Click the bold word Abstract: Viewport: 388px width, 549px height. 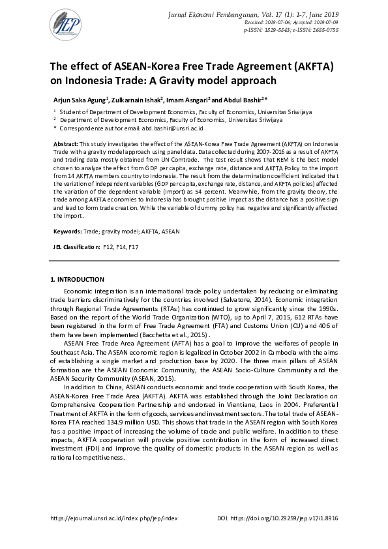pos(67,142)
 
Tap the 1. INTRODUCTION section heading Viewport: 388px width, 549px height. pos(77,280)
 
